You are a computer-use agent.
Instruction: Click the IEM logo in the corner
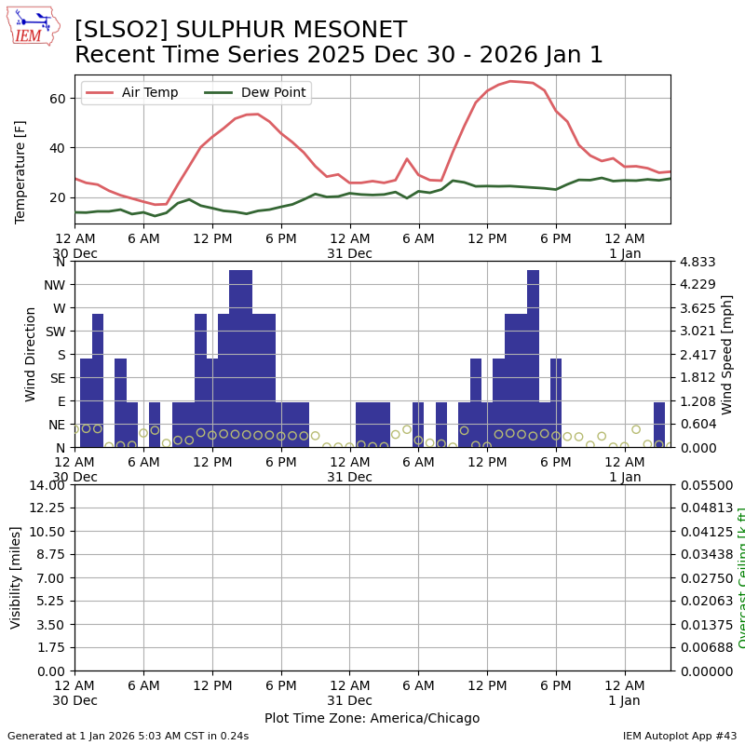tap(33, 26)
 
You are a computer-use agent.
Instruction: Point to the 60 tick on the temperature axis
tap(56, 99)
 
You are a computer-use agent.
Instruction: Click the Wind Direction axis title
tap(31, 354)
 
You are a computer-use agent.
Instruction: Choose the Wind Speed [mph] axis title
tap(727, 354)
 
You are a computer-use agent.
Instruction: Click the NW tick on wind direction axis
tap(55, 285)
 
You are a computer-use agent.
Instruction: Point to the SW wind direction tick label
tap(55, 332)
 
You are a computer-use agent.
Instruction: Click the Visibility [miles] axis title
tap(16, 577)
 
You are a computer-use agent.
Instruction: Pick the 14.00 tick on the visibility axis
tap(47, 485)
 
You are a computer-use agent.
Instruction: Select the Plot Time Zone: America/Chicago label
tap(372, 718)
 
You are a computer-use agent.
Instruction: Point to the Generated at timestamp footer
tap(128, 736)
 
